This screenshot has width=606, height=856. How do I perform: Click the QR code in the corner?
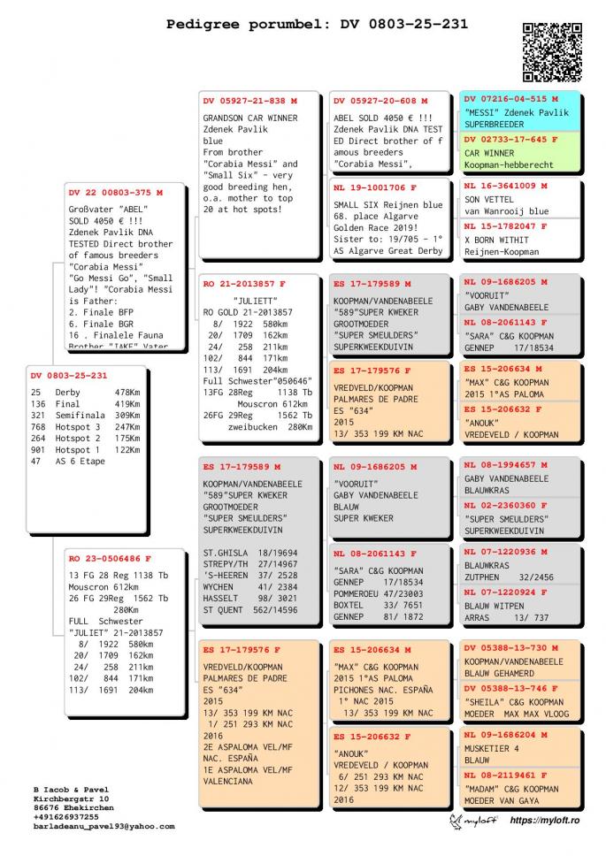553,51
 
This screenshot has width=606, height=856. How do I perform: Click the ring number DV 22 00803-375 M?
115,192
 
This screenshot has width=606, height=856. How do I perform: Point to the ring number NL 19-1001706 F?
375,188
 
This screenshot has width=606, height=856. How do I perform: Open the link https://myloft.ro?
547,822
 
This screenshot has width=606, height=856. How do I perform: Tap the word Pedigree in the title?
199,25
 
